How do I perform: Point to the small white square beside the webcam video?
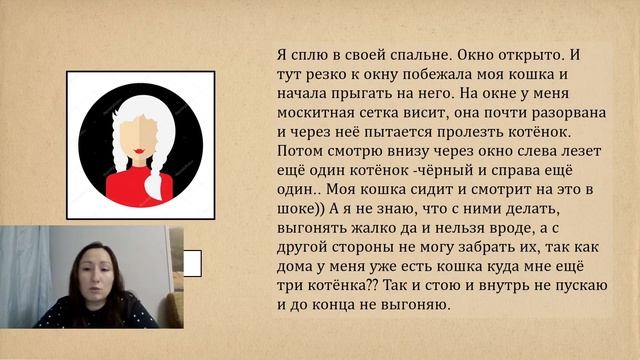point(193,263)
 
